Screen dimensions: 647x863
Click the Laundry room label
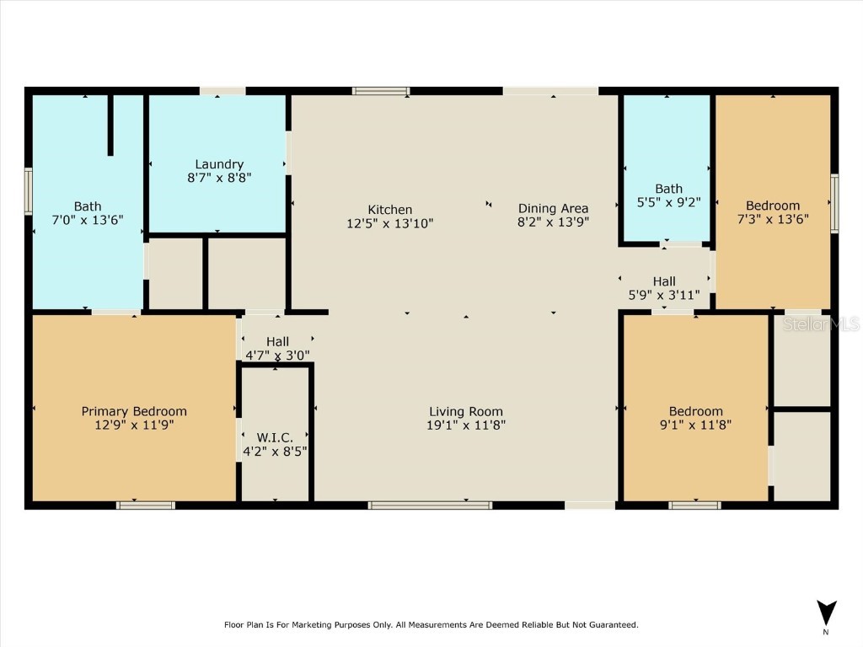219,164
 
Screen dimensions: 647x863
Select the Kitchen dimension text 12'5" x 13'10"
390,223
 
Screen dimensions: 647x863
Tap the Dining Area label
553,209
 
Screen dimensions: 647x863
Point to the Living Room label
466,412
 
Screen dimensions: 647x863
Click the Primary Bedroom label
134,411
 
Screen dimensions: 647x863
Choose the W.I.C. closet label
275,437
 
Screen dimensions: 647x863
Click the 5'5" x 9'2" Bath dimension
668,202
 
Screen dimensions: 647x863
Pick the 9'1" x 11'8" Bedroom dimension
696,425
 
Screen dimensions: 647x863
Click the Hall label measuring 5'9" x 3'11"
664,281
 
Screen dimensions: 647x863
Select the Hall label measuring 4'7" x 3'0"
278,342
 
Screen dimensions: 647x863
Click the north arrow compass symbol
827,613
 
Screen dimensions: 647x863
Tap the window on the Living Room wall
430,505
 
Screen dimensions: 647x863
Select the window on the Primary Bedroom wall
146,505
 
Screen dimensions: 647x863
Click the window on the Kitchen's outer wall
381,91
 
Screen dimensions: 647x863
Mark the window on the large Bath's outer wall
28,191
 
